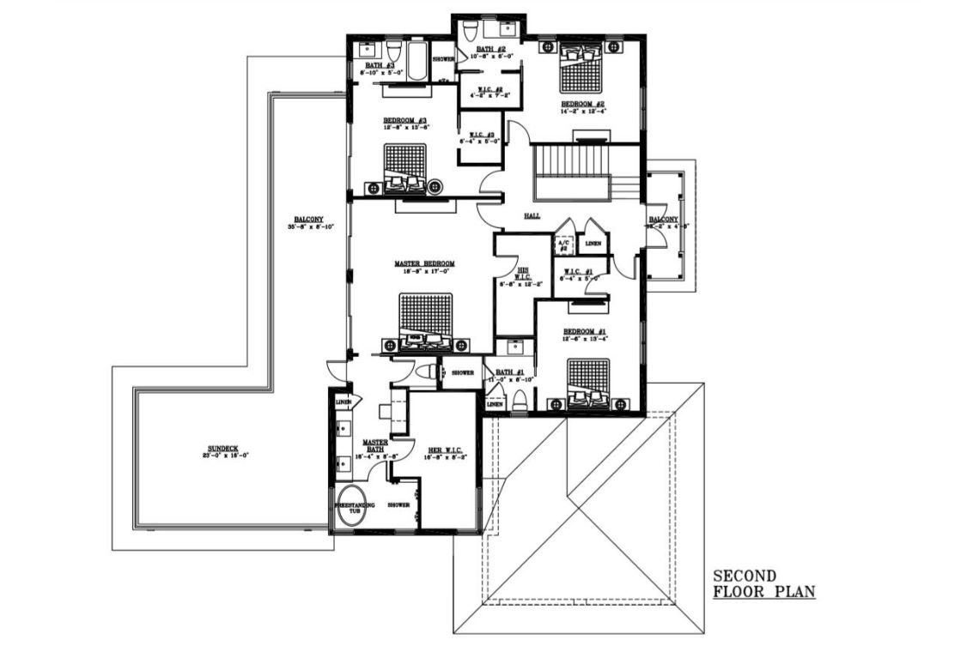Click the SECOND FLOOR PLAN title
coord(763,583)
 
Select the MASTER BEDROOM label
coord(424,264)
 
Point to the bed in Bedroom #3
coord(404,166)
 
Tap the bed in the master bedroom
coord(426,319)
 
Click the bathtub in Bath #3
coord(417,62)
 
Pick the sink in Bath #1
coord(515,347)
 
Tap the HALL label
coord(532,216)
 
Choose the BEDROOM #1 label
coord(585,331)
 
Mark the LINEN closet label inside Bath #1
coord(496,404)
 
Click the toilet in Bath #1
coord(520,399)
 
